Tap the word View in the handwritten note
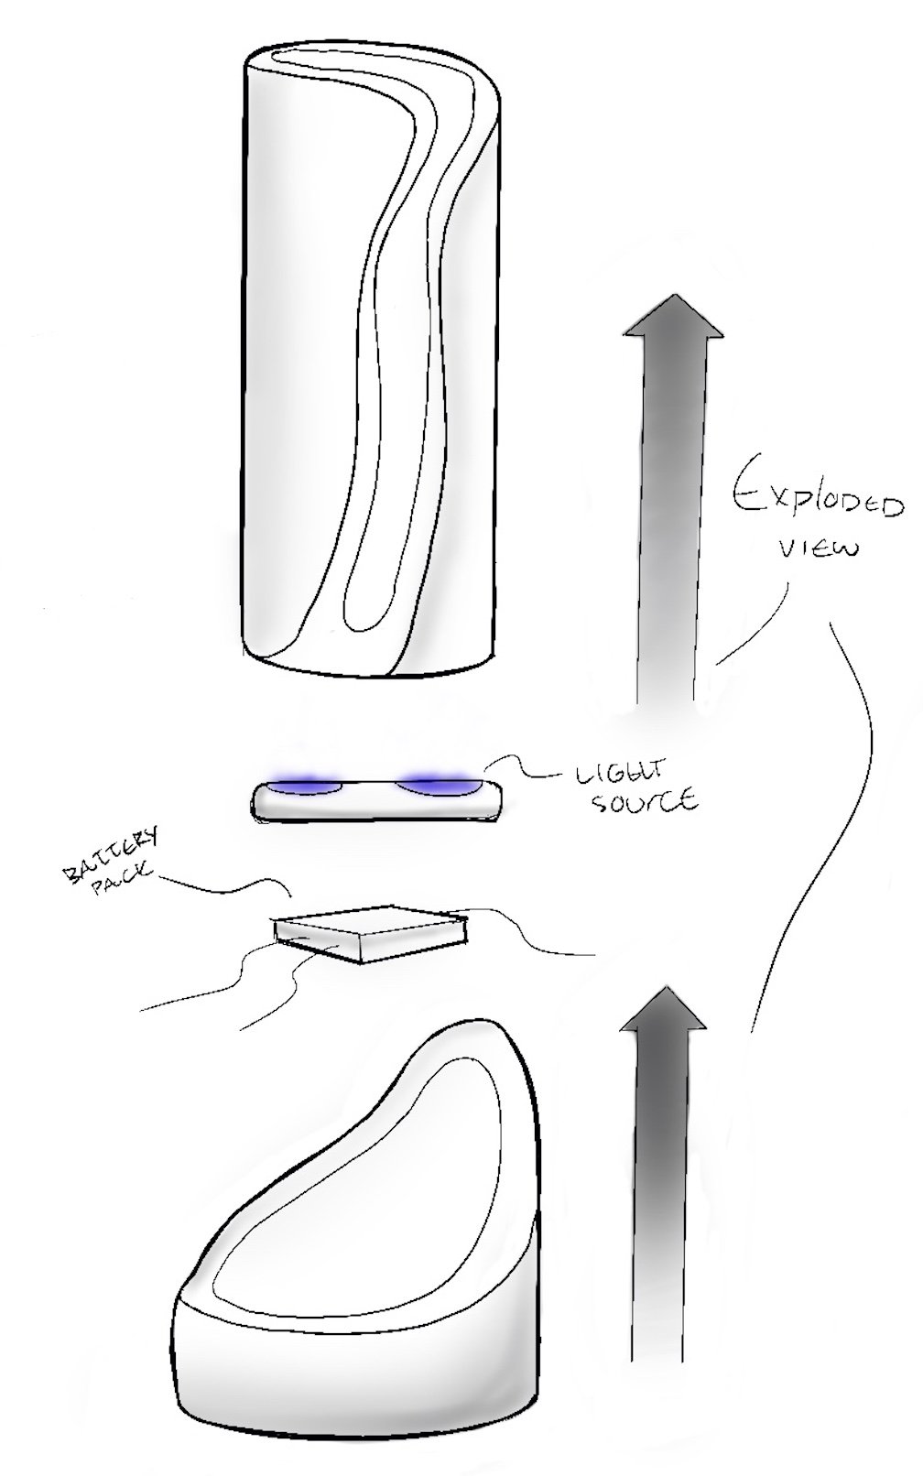pos(818,549)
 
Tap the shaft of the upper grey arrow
pos(667,513)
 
